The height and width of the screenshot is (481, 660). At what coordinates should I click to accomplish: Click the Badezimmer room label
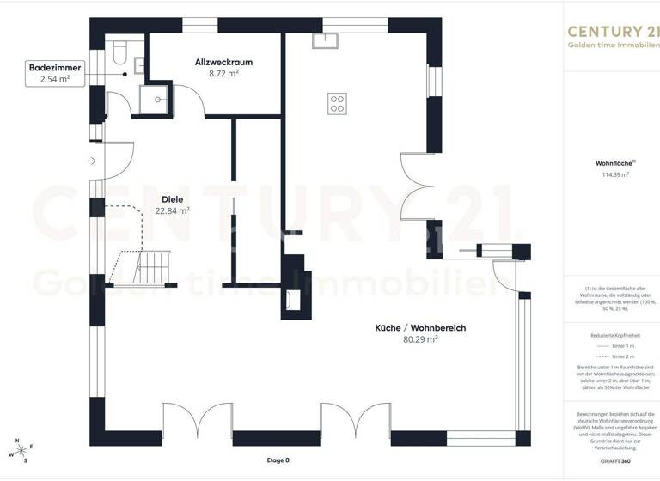tap(48, 66)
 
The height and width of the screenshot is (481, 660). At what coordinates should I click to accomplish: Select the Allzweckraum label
tap(223, 63)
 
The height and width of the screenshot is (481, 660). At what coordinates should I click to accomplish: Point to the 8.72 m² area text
tap(223, 75)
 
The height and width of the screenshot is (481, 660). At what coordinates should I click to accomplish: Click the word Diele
tap(173, 198)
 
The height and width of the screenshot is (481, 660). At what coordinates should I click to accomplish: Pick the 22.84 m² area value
tap(173, 210)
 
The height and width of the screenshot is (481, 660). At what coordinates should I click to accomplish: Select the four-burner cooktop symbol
tap(337, 103)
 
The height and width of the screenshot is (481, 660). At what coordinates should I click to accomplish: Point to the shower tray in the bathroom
tap(157, 99)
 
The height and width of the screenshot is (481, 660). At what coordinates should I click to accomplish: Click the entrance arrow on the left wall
tap(92, 161)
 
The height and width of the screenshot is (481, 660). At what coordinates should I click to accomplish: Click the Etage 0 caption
tap(278, 460)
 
